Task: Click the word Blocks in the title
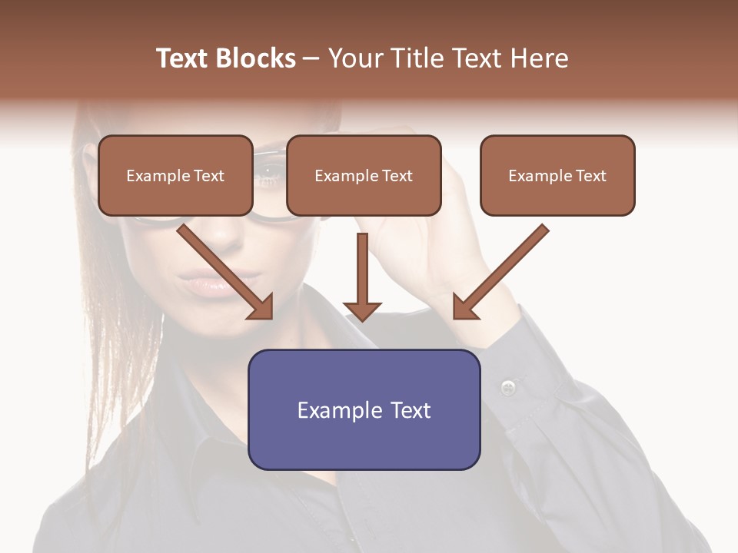pos(255,58)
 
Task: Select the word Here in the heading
pos(540,58)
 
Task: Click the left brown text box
pos(175,175)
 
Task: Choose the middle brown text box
pos(364,175)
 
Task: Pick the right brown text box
pos(557,175)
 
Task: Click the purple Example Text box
pos(364,409)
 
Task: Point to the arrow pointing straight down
pos(362,276)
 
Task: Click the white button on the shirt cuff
pos(507,386)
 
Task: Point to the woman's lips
pos(206,286)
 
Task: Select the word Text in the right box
pos(590,175)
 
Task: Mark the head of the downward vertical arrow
pos(362,310)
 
